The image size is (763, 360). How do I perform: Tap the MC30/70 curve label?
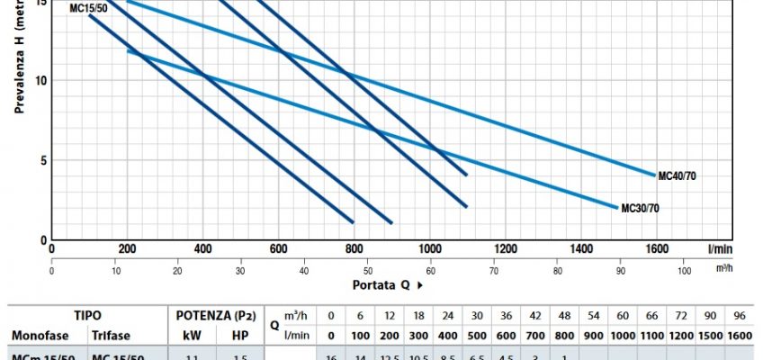click(641, 209)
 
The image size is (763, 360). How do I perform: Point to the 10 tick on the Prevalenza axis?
click(41, 80)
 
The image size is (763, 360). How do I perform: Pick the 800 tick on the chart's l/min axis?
click(355, 249)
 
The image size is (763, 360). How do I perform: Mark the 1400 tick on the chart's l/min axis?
click(581, 249)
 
